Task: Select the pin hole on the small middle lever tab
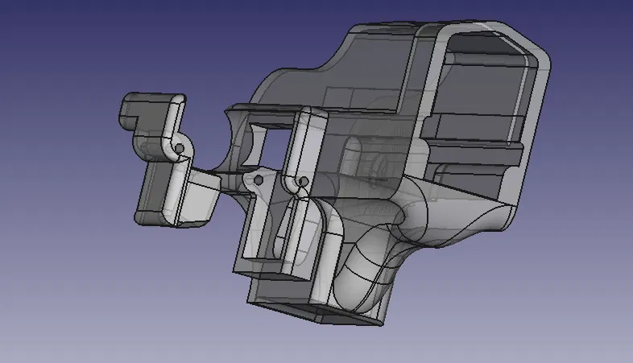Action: click(259, 182)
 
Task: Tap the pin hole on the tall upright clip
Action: click(303, 182)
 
